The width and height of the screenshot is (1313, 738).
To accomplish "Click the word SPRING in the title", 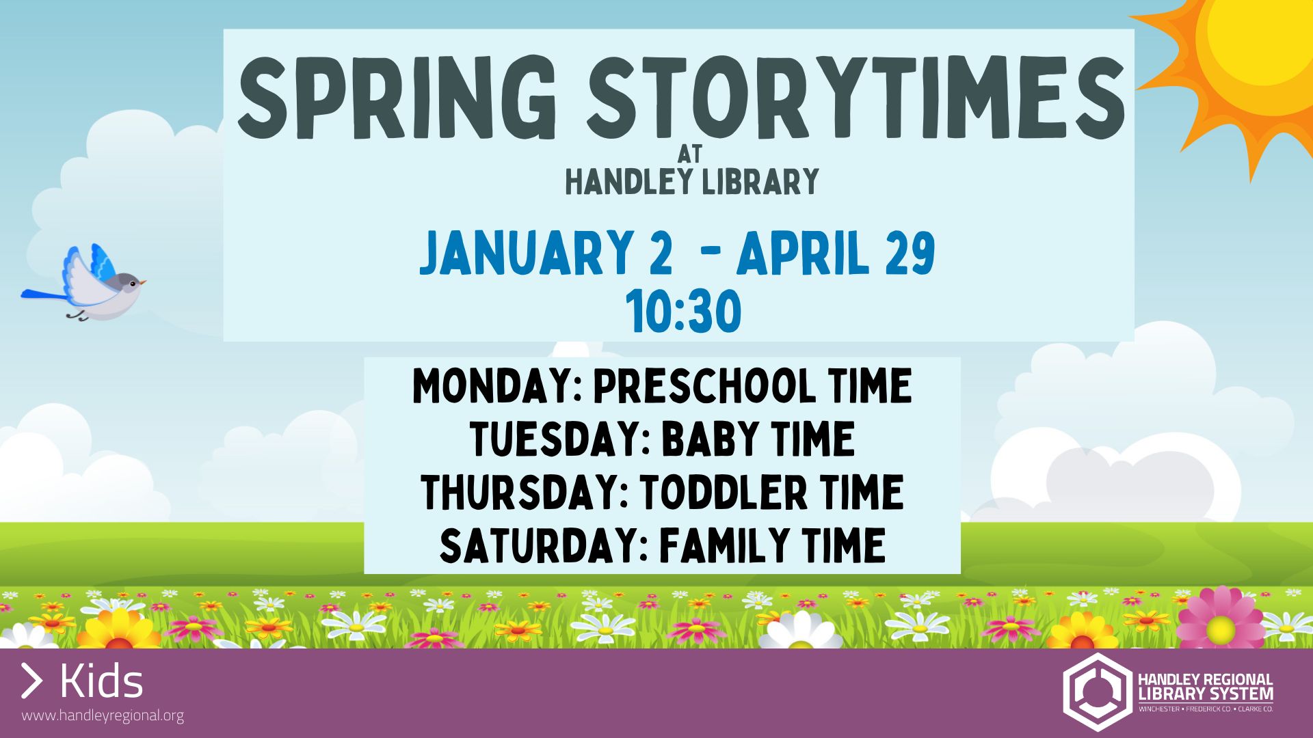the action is tap(395, 98).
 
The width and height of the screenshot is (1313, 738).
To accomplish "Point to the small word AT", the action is tap(690, 154).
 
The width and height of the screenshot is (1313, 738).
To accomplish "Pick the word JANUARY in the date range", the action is tap(527, 253).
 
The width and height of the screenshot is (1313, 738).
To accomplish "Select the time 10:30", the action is tap(684, 312).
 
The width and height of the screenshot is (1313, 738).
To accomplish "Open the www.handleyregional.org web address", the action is tap(103, 716).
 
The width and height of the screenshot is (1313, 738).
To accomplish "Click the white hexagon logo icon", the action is tap(1096, 692).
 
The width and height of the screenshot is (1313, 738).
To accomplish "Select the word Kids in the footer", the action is tap(101, 681).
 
